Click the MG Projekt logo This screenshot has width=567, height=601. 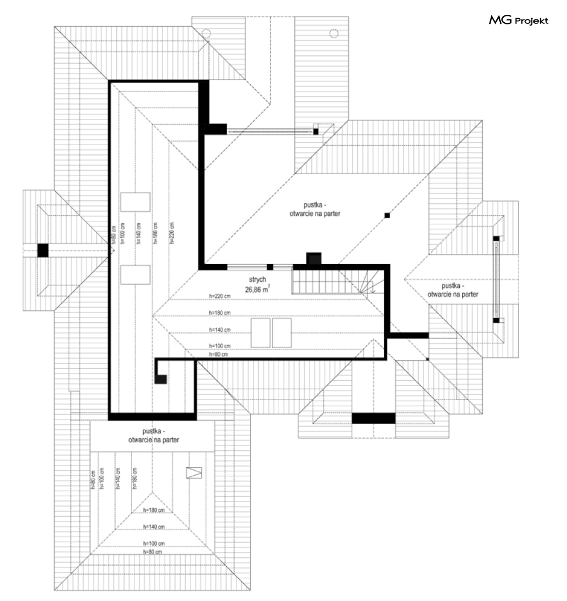(518, 22)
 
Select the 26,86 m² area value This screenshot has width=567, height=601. (257, 289)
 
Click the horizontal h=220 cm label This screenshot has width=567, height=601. (219, 296)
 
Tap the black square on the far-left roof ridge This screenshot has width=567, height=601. (43, 250)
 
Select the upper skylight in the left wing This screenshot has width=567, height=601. (135, 202)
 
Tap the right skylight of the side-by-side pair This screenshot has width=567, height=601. (282, 332)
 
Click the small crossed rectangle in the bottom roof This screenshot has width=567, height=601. (194, 472)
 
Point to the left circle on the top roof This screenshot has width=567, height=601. (207, 33)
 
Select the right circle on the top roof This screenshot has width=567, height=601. (334, 32)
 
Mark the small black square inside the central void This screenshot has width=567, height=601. (387, 215)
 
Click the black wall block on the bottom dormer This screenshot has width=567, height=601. (373, 418)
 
